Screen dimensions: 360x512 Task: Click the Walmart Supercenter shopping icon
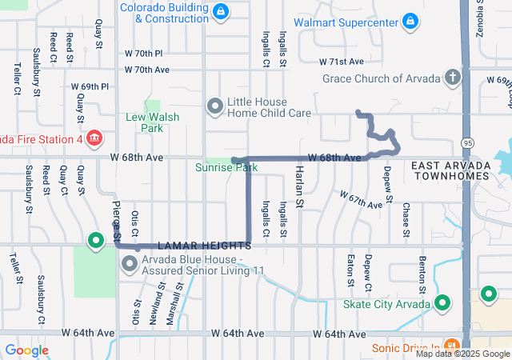410,21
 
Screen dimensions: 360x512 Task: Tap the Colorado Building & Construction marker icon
222,10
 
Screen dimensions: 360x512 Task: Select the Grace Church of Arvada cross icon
453,78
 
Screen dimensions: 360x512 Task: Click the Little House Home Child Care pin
214,106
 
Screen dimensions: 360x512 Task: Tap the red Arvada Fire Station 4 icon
94,138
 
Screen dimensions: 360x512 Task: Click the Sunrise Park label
226,168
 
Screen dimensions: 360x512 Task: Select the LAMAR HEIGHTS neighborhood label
204,245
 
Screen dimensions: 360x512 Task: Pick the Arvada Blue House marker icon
128,265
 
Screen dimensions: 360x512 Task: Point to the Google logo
26,350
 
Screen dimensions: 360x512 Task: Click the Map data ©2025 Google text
462,354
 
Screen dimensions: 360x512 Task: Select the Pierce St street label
116,222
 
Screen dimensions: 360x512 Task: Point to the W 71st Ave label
341,61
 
